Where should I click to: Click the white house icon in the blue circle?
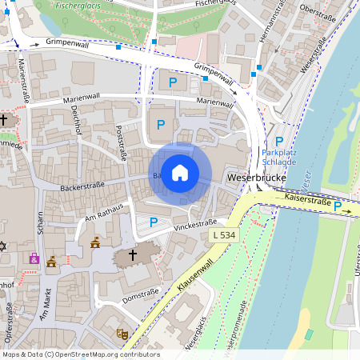coord(180,172)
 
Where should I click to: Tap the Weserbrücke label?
coord(256,175)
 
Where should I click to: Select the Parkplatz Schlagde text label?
coord(278,156)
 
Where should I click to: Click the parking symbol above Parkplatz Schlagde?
coord(279,140)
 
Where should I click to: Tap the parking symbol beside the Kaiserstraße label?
coord(338,206)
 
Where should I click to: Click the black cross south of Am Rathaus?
coord(133,255)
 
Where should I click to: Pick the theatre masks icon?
coord(122,333)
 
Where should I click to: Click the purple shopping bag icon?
coord(34,258)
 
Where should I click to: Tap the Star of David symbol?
coord(3,246)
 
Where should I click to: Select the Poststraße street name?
coord(122,143)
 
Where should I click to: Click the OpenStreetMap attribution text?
coord(80,354)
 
